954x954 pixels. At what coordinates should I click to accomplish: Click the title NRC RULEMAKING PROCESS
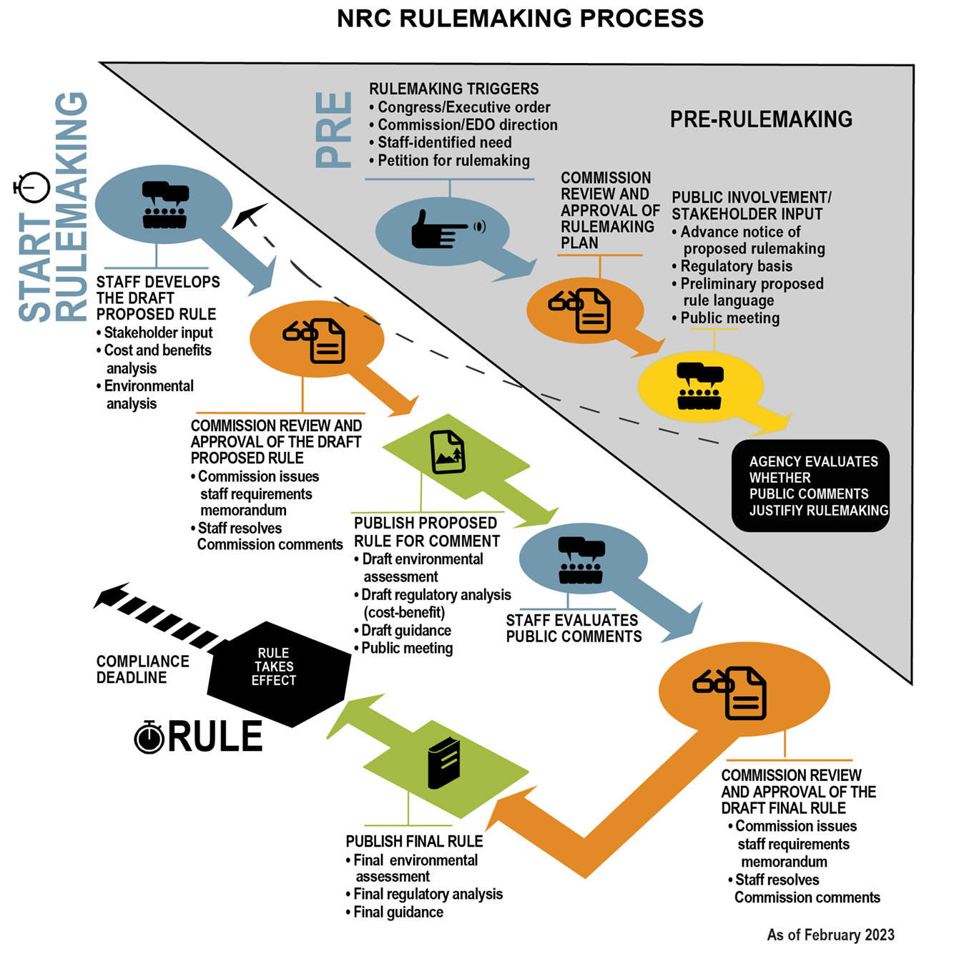[x=520, y=19]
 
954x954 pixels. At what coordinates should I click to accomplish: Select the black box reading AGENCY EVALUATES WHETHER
[x=810, y=486]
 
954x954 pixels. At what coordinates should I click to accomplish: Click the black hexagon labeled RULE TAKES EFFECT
[x=277, y=669]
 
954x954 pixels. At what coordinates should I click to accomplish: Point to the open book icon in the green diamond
[x=443, y=763]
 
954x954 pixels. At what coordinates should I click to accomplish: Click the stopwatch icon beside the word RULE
[x=149, y=737]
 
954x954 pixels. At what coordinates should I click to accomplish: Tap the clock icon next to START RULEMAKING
[x=32, y=188]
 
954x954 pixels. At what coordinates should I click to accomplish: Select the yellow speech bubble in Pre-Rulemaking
[x=700, y=387]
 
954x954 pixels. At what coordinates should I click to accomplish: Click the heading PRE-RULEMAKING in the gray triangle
[x=761, y=119]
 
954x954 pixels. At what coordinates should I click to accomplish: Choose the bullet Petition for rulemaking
[x=453, y=161]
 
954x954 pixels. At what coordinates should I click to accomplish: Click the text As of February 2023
[x=830, y=935]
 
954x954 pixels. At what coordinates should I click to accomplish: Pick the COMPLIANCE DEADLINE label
[x=142, y=669]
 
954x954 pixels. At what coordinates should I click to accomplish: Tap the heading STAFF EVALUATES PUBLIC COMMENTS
[x=574, y=629]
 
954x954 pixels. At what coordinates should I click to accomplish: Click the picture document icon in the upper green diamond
[x=448, y=452]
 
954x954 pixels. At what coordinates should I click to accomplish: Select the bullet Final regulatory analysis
[x=428, y=894]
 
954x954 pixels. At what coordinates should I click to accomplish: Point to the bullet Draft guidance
[x=405, y=631]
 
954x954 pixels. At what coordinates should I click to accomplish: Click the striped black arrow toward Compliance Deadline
[x=157, y=616]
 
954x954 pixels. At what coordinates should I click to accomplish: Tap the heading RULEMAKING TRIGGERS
[x=453, y=89]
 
